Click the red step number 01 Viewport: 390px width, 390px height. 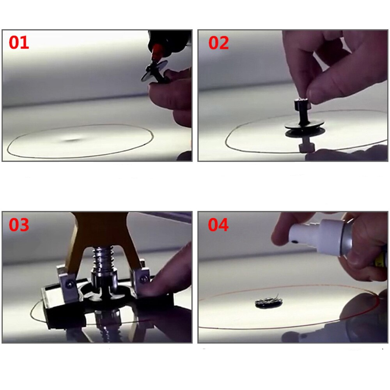(x=19, y=42)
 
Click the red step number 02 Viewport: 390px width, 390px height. (x=218, y=43)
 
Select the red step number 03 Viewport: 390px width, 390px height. (x=19, y=225)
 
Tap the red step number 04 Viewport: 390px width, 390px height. (x=218, y=225)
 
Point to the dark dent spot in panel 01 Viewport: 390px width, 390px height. (x=72, y=140)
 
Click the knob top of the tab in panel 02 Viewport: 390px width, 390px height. (x=302, y=104)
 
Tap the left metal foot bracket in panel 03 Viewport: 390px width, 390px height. (x=67, y=286)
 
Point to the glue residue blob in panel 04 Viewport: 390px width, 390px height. (x=269, y=302)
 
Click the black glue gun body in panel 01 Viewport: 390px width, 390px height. (x=170, y=41)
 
